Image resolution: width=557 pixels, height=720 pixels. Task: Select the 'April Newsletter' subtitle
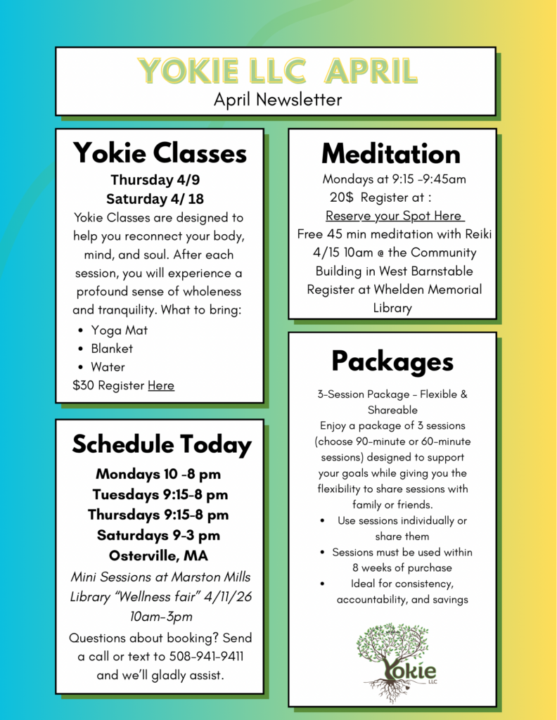[278, 100]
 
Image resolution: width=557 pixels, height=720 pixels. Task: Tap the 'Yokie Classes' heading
[160, 153]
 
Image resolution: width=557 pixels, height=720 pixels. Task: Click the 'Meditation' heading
[392, 153]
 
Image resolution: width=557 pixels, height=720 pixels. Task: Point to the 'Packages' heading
[392, 361]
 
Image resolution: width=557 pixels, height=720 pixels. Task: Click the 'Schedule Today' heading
[161, 444]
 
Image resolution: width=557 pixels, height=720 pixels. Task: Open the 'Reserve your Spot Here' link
[394, 216]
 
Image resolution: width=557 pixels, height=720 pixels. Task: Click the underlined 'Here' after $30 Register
[161, 385]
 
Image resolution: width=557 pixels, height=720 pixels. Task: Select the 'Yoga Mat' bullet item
[119, 330]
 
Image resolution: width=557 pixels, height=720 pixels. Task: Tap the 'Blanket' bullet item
[111, 348]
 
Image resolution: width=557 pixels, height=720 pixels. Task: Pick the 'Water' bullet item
[108, 366]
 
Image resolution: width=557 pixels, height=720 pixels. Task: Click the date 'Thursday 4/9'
[155, 180]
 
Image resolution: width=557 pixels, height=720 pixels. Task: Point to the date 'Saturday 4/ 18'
[155, 198]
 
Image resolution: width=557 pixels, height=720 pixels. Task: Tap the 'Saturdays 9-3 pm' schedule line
[158, 535]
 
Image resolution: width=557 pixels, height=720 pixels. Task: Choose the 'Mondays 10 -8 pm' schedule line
[158, 473]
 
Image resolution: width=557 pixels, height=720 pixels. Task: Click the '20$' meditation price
[341, 198]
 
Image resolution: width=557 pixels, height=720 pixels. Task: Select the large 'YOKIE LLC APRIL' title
[278, 71]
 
